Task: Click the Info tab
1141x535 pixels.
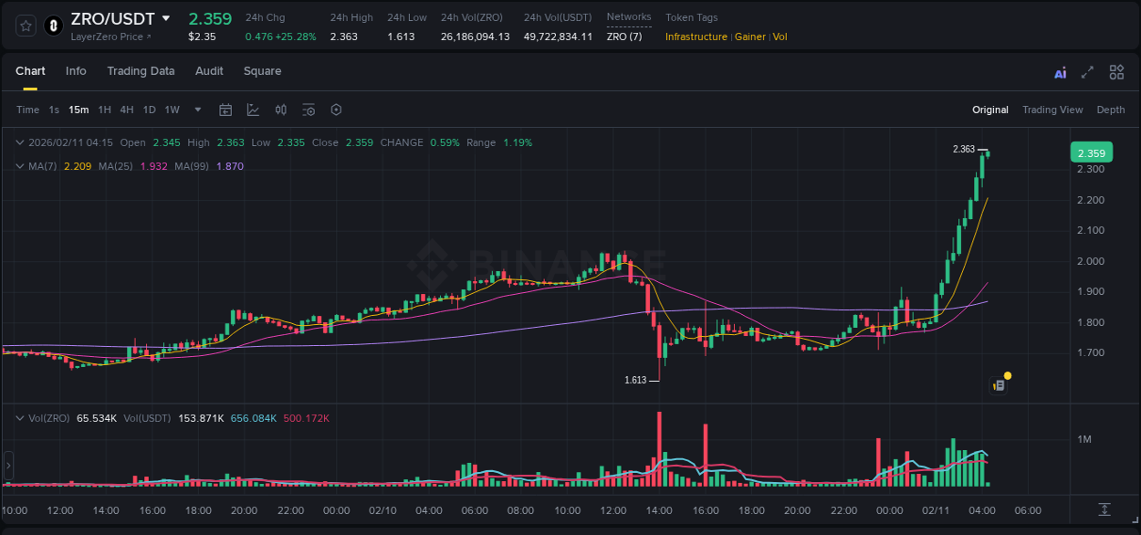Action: click(x=76, y=71)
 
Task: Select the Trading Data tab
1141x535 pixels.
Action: click(x=141, y=71)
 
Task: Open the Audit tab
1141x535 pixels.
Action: click(x=209, y=71)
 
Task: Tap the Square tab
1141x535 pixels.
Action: click(x=262, y=71)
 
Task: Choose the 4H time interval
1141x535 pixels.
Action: click(x=127, y=110)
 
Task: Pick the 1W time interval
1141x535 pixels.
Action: click(x=172, y=110)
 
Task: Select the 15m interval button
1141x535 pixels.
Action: click(x=79, y=110)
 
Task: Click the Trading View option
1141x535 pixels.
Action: click(x=1052, y=110)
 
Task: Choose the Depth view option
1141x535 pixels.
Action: click(x=1110, y=110)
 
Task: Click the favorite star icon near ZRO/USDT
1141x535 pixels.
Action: click(x=26, y=26)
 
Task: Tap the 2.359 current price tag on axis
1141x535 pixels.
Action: click(x=1091, y=153)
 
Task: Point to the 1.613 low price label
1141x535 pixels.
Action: click(x=635, y=380)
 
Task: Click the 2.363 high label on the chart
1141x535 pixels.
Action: click(x=963, y=149)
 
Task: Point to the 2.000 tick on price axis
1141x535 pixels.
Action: click(x=1091, y=261)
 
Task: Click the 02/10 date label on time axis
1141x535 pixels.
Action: click(x=382, y=510)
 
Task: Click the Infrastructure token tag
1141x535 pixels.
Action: click(x=696, y=37)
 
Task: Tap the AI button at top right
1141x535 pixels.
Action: click(x=1060, y=73)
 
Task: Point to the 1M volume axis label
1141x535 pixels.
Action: click(x=1084, y=440)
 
